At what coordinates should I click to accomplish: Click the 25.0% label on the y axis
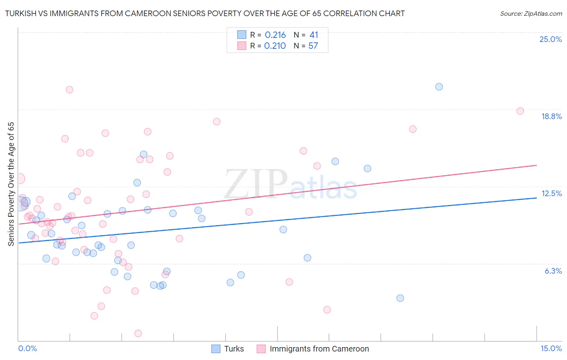550,39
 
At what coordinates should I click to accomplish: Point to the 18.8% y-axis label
551,116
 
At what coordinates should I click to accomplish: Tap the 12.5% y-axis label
551,193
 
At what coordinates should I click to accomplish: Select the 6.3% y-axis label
553,271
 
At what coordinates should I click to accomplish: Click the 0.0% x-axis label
27,348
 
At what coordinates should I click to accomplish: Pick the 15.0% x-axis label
551,348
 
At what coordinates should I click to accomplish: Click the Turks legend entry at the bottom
234,349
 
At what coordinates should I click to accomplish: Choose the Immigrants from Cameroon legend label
319,349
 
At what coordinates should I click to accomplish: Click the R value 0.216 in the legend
275,35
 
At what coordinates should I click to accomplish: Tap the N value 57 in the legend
313,46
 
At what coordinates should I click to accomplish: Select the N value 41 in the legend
314,35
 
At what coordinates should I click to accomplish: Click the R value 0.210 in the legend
275,46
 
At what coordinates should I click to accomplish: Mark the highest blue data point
439,87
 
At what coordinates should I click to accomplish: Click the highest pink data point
69,90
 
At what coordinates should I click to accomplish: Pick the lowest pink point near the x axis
138,333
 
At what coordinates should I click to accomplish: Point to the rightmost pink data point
520,111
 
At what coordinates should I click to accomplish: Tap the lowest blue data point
400,298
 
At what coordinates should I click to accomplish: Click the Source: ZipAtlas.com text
531,13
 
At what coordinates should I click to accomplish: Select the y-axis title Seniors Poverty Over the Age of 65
11,184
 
